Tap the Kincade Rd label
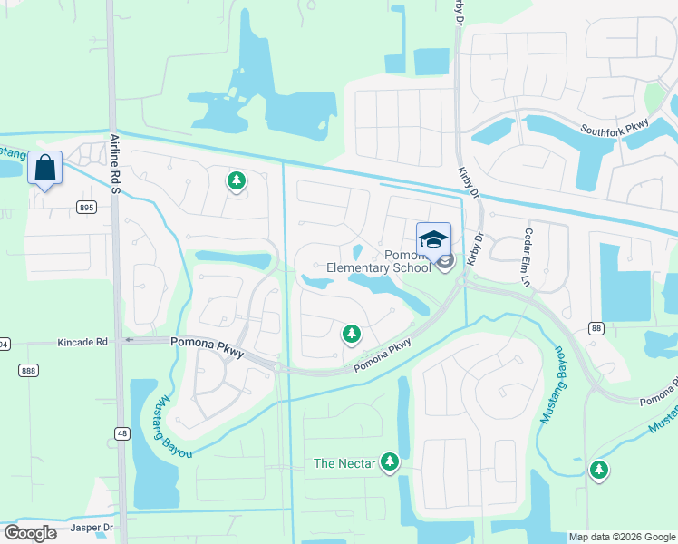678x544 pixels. [82, 342]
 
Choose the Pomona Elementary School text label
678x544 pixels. [380, 261]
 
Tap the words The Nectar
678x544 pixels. [344, 463]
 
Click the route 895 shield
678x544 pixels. [86, 208]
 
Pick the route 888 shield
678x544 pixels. [28, 369]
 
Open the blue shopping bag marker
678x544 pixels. [45, 168]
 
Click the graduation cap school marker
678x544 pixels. [433, 239]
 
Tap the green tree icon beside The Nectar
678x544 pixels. [390, 462]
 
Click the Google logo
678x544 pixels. [31, 533]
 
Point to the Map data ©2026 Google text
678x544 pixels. [622, 537]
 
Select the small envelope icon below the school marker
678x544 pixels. [446, 262]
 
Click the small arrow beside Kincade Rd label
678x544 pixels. [129, 341]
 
